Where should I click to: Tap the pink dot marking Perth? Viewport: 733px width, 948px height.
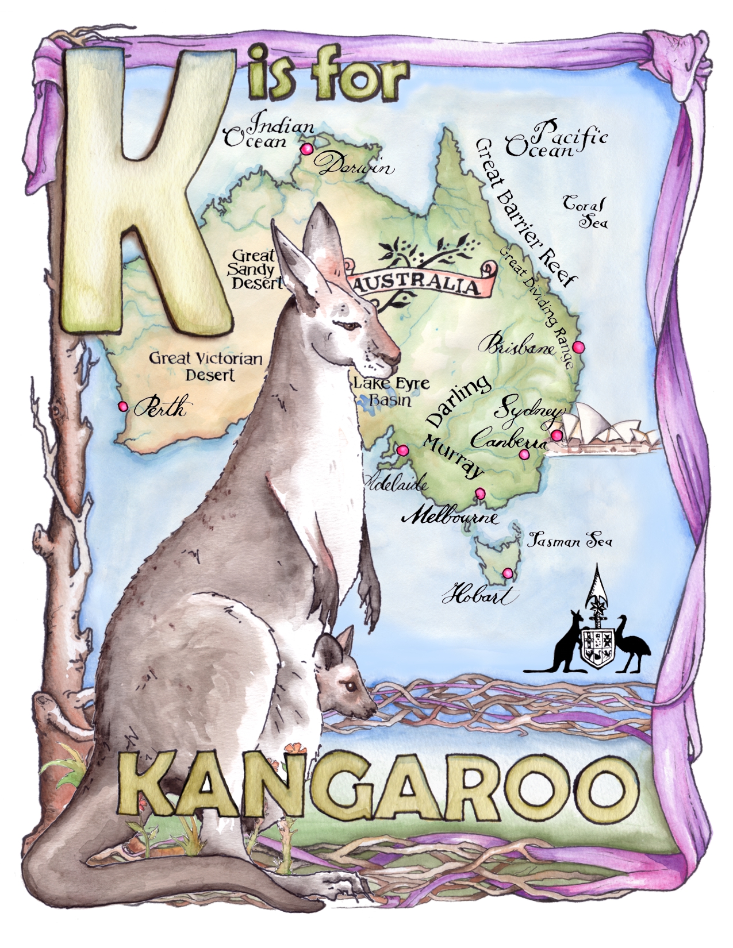click(x=122, y=406)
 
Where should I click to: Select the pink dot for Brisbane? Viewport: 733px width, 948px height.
click(x=578, y=346)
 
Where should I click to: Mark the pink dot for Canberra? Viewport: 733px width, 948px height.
click(x=524, y=454)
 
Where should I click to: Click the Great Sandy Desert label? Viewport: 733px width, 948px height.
click(x=255, y=268)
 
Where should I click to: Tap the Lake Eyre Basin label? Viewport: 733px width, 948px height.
click(x=383, y=391)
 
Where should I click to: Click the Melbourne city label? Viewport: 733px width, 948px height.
click(x=450, y=517)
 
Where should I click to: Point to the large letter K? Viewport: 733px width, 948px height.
click(x=149, y=190)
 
